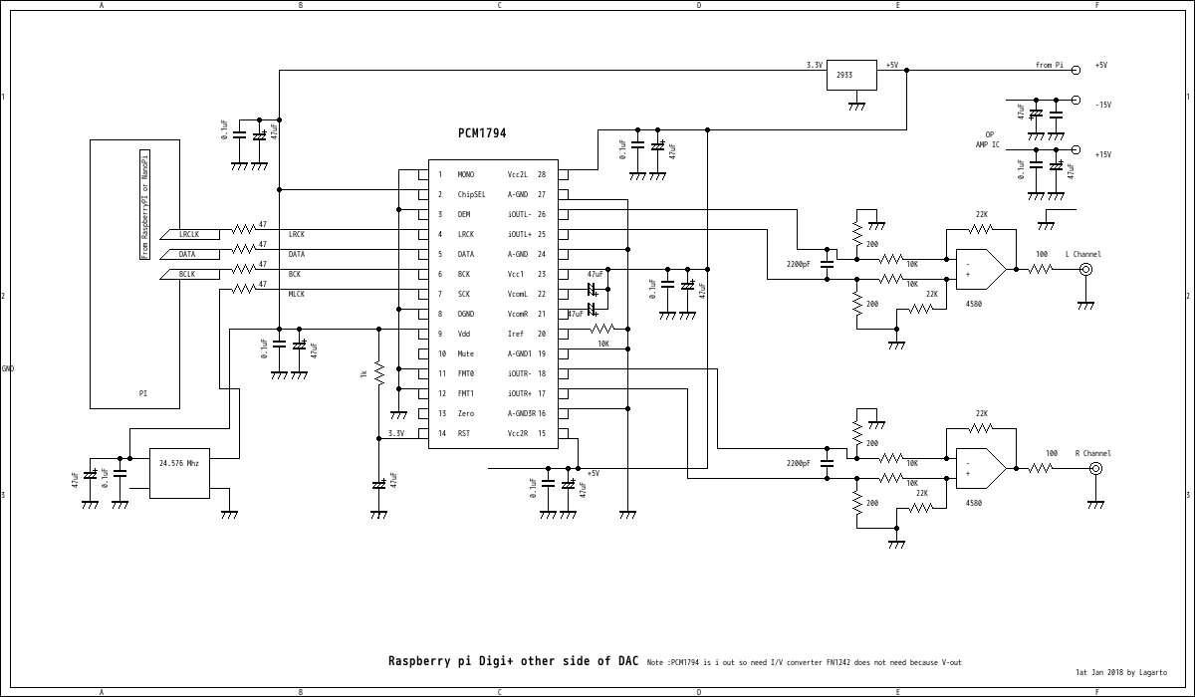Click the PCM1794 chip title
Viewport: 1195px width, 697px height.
click(482, 132)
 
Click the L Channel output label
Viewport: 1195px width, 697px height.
click(1082, 255)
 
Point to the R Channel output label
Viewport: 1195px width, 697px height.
click(1092, 454)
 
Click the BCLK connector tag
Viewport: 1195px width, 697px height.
click(187, 274)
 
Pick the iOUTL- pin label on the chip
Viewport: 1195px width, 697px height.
click(526, 215)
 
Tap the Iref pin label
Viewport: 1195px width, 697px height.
click(517, 335)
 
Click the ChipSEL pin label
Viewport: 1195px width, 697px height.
click(472, 195)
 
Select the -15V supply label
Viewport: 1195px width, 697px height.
click(1102, 105)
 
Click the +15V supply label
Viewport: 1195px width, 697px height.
click(1102, 154)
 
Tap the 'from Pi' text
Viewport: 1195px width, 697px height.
click(1049, 66)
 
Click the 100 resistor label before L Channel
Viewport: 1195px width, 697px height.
click(1042, 255)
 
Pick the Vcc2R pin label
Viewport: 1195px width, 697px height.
click(520, 434)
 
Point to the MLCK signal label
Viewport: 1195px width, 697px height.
click(297, 295)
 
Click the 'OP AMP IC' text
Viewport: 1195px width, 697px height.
click(988, 139)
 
